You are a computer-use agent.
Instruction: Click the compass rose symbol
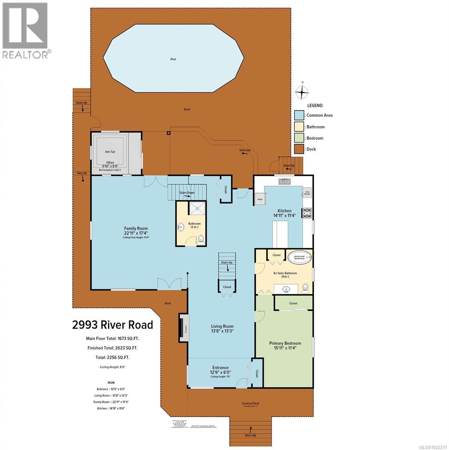(x=302, y=91)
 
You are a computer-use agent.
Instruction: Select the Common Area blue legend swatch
(x=299, y=115)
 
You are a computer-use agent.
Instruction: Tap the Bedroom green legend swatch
(x=299, y=138)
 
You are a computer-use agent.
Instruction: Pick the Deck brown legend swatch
(x=299, y=149)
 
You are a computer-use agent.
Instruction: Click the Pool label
(x=173, y=59)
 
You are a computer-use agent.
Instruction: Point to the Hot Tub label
(x=110, y=152)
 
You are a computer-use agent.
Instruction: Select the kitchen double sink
(x=284, y=181)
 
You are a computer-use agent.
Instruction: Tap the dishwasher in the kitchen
(x=307, y=193)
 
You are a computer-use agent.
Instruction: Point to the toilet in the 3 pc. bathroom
(x=201, y=239)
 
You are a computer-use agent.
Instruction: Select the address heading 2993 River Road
(x=113, y=324)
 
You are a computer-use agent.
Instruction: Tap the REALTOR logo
(x=25, y=30)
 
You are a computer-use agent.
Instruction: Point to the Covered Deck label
(x=250, y=403)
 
